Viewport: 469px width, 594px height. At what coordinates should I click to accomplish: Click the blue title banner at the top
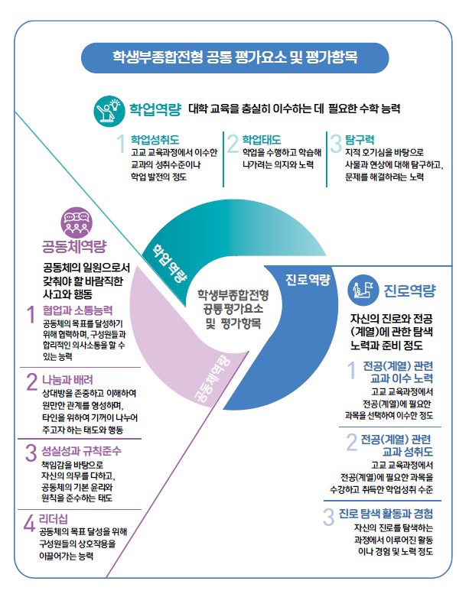[x=235, y=57]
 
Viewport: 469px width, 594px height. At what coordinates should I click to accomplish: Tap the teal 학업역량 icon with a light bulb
[x=109, y=111]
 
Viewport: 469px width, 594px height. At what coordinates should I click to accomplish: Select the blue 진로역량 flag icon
[x=363, y=291]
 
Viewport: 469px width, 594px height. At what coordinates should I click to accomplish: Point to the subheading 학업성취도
[x=155, y=140]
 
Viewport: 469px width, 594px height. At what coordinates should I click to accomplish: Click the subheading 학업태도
[x=262, y=140]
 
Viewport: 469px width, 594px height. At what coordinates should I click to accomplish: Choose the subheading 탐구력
[x=360, y=140]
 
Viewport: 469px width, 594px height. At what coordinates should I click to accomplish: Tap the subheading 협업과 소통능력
[x=78, y=310]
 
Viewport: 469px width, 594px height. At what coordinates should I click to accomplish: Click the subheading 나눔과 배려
[x=67, y=380]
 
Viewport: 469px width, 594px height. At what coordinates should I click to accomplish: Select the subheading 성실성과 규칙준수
[x=81, y=451]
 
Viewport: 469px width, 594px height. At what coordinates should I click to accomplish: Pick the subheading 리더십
[x=54, y=519]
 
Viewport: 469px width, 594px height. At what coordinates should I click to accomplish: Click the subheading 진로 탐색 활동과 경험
[x=386, y=514]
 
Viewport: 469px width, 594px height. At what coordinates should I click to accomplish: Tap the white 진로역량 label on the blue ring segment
[x=308, y=280]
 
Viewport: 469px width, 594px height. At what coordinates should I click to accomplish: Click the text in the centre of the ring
[x=233, y=309]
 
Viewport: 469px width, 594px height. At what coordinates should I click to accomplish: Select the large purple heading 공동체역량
[x=74, y=247]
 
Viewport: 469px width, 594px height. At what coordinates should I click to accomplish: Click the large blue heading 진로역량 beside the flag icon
[x=410, y=291]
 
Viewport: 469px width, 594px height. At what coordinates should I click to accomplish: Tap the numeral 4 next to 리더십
[x=29, y=524]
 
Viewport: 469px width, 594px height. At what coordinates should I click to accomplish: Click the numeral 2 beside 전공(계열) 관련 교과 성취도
[x=351, y=442]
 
